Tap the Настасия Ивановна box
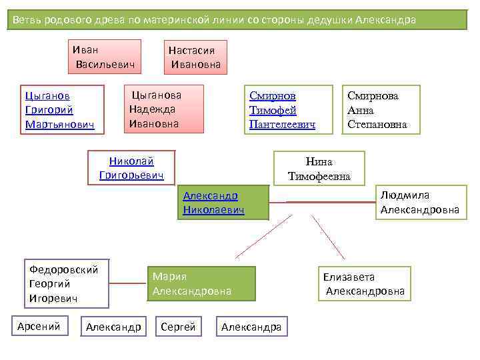pos(195,57)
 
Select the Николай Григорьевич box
pos(131,168)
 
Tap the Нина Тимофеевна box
pos(319,169)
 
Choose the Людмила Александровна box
pos(420,203)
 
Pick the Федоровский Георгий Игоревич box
pos(64,284)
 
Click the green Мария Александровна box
pos(200,284)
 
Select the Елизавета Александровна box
pos(364,284)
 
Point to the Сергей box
pos(179,327)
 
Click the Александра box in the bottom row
pos(252,327)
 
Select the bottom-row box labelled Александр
pos(113,327)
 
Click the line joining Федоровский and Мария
pos(127,284)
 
